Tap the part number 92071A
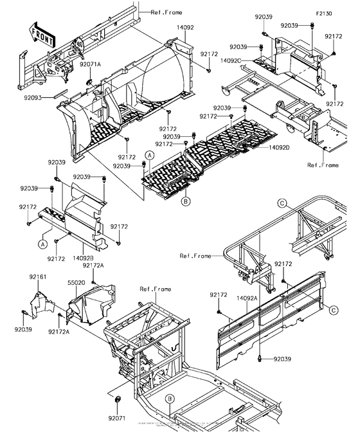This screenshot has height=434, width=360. (x=91, y=65)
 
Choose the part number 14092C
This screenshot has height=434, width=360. (x=230, y=60)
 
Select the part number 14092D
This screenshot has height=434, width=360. (x=280, y=148)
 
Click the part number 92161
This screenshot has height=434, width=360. (x=37, y=276)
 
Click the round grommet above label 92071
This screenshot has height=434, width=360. (x=118, y=401)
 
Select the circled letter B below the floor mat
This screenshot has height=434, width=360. (x=185, y=201)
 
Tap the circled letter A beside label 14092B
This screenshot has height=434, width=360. (x=42, y=244)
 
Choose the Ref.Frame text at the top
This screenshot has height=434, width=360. (x=166, y=12)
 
